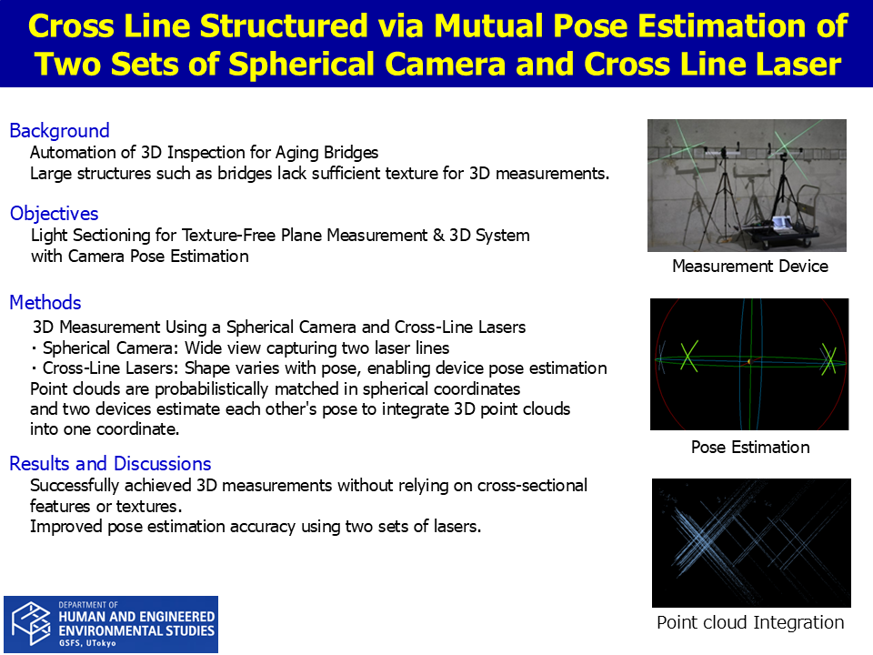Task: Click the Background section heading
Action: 60,131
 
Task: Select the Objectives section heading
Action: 54,214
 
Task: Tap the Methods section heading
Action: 45,302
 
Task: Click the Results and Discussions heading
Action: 110,463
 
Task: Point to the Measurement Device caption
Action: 750,267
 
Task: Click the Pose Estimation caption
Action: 750,448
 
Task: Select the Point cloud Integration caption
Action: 750,622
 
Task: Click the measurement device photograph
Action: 747,186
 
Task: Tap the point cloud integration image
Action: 751,542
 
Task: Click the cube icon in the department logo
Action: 31,624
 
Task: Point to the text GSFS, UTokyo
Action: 87,643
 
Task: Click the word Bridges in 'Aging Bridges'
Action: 350,153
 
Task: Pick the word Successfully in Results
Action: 75,486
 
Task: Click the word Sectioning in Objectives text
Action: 111,236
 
